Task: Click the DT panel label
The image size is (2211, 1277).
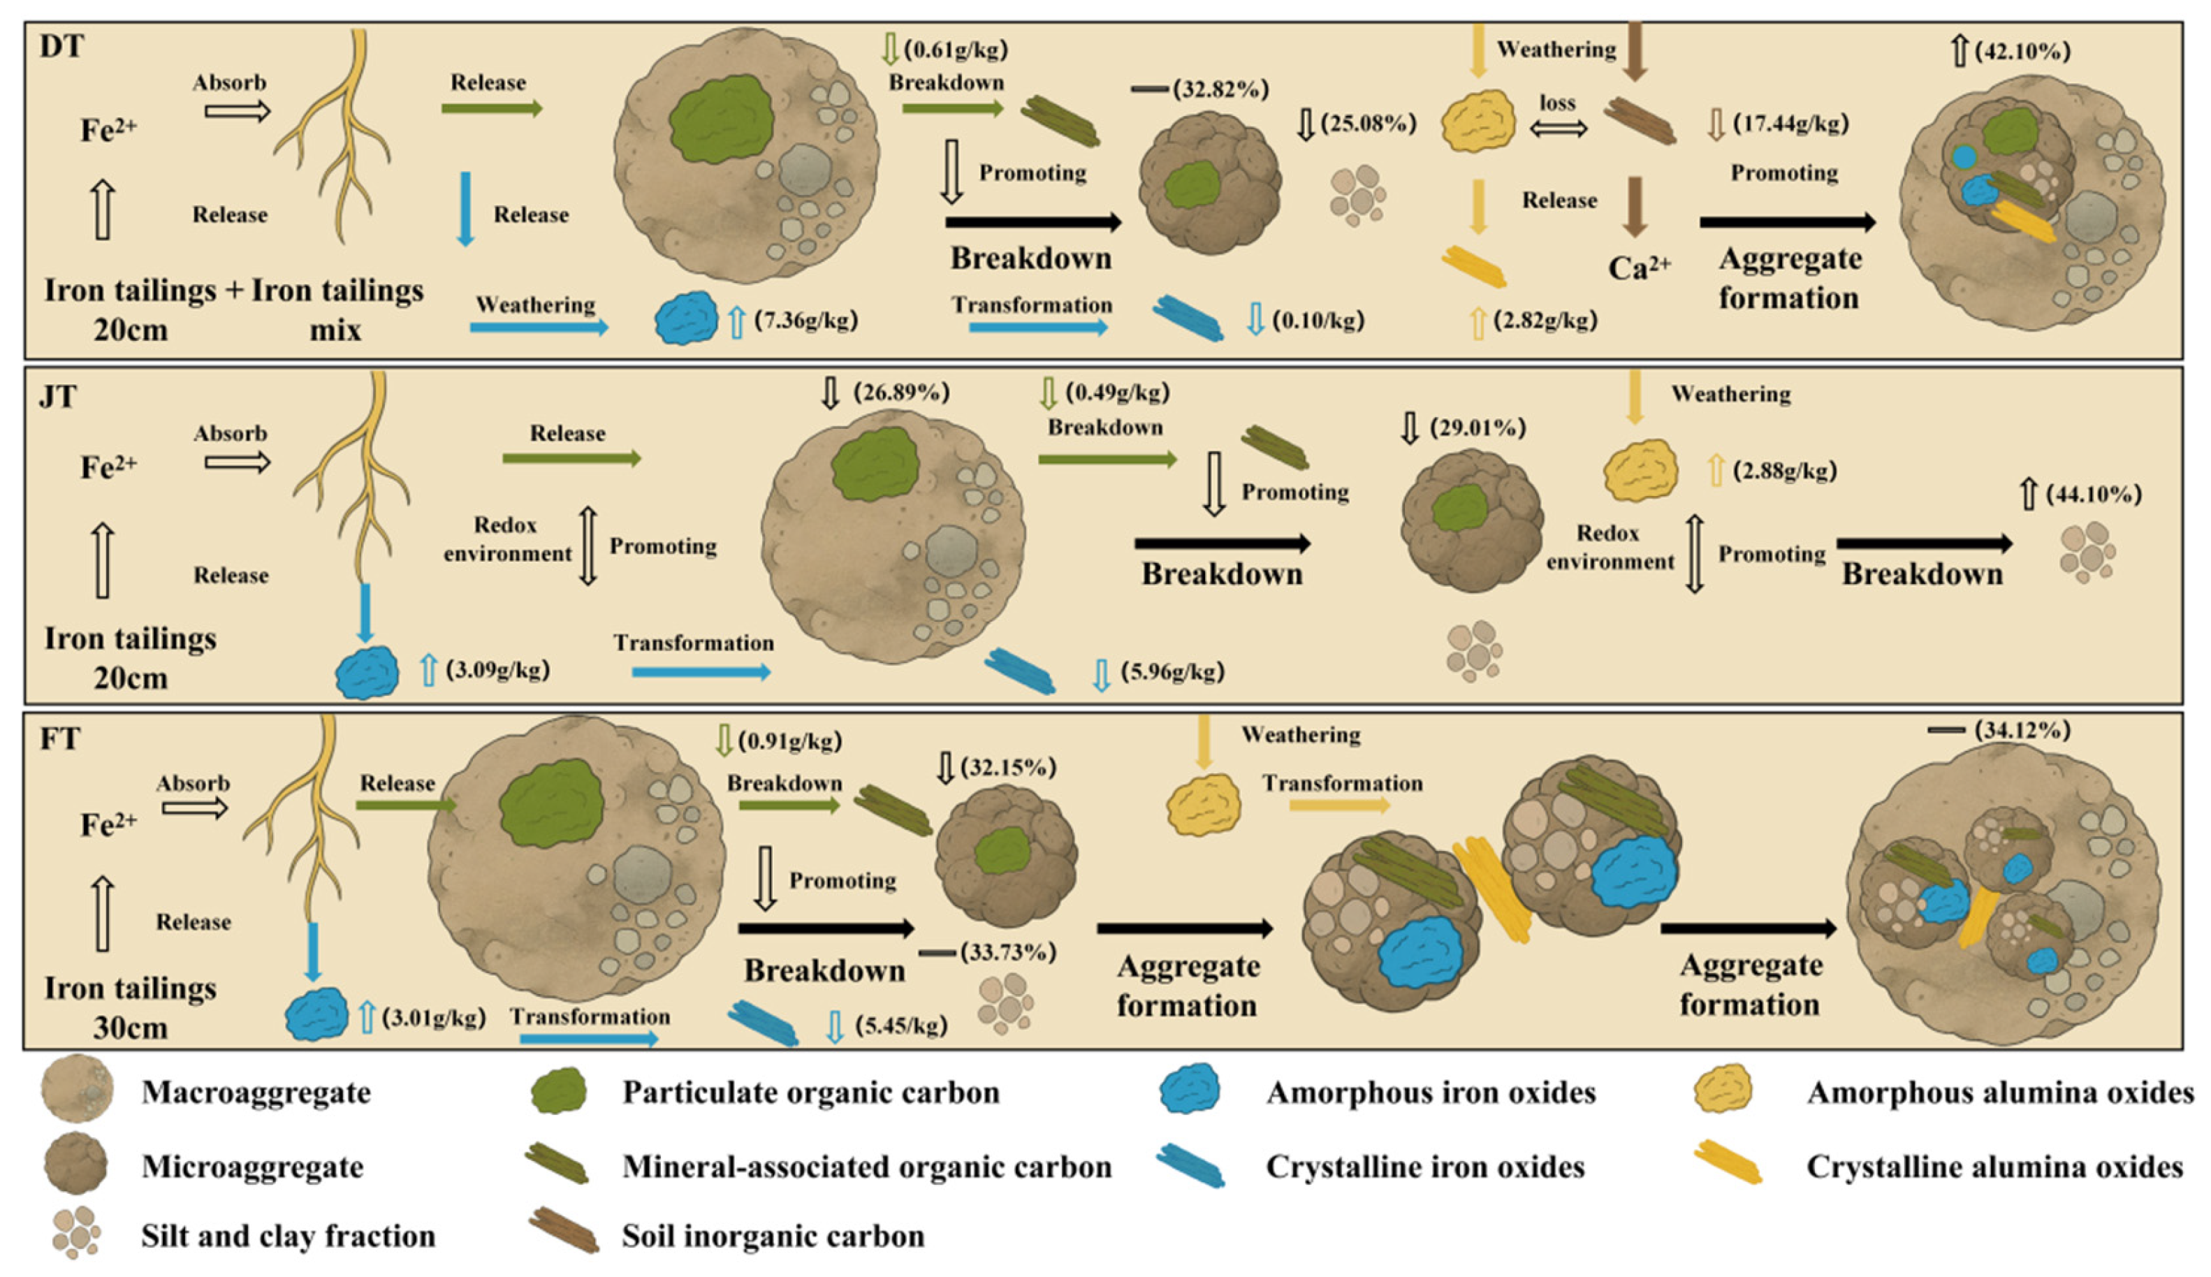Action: (x=61, y=45)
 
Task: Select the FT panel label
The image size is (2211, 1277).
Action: (x=59, y=738)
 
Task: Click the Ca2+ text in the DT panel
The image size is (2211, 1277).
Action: (x=1638, y=267)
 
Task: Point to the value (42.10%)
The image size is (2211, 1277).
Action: (x=2022, y=51)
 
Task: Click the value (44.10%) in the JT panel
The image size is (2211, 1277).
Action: (x=2093, y=495)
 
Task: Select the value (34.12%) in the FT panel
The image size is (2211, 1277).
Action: (x=2022, y=730)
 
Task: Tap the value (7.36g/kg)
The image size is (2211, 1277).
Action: (x=805, y=320)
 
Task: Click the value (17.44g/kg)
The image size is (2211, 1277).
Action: (x=1791, y=124)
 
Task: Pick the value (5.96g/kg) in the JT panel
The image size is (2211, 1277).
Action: (x=1172, y=672)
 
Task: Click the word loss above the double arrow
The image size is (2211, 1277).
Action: (x=1558, y=103)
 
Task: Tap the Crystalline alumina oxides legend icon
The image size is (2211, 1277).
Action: (x=1727, y=1163)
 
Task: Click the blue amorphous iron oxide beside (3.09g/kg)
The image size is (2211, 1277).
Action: (x=367, y=673)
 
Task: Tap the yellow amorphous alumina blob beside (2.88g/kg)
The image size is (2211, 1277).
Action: (x=1640, y=471)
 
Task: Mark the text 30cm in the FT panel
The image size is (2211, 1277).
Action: (x=130, y=1027)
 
